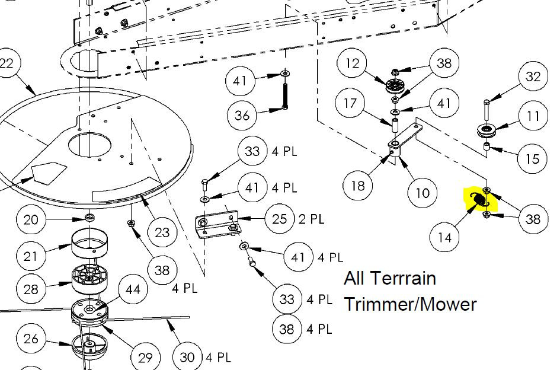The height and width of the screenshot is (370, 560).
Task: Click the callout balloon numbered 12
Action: click(x=352, y=63)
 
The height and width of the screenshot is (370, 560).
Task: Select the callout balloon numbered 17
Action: click(x=350, y=103)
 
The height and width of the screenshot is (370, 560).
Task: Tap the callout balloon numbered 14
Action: click(x=444, y=237)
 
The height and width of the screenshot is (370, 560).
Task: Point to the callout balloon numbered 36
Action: click(x=242, y=115)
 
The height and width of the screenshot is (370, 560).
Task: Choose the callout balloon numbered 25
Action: click(x=280, y=219)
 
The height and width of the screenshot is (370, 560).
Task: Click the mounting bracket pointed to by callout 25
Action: click(x=217, y=225)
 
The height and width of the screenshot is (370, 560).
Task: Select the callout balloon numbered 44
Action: click(x=133, y=289)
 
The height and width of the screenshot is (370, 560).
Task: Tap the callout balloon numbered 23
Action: click(x=162, y=232)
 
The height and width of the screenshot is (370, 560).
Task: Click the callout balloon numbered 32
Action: click(x=533, y=76)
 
